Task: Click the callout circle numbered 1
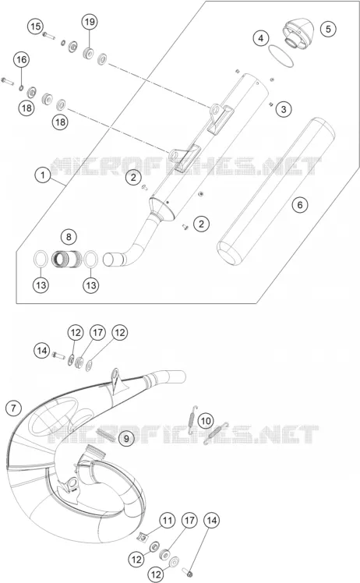coord(43,175)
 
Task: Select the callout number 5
coord(328,29)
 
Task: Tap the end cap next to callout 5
coord(298,33)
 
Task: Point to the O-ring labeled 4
coord(281,56)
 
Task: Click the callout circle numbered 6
coord(300,204)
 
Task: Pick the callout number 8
coord(69,237)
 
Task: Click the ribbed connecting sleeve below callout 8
coord(66,259)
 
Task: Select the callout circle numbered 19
coord(90,22)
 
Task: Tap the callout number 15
coord(35,26)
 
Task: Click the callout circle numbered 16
coord(22,59)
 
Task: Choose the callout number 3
coord(284,109)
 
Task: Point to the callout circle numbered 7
coord(14,408)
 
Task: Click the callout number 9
coord(126,439)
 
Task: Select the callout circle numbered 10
coord(205,421)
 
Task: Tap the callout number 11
coord(168,520)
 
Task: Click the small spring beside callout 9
coord(105,434)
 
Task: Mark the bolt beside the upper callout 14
coord(58,355)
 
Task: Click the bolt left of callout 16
coord(8,80)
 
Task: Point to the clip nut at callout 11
coord(142,536)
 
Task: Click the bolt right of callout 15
coord(49,36)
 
